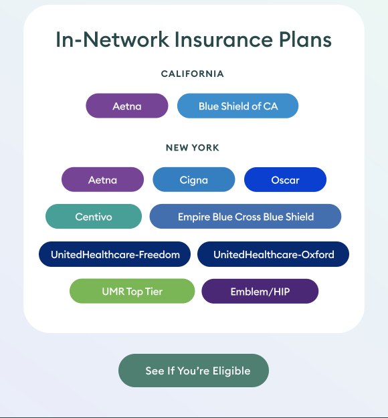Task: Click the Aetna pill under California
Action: [127, 106]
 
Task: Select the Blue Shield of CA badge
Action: [238, 106]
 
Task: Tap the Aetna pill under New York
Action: [102, 180]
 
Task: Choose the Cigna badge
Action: [194, 180]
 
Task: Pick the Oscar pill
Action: [286, 180]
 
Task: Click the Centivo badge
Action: [94, 217]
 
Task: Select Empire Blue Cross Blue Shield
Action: [246, 217]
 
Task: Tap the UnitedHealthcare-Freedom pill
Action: [114, 254]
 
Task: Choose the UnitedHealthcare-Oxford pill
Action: [274, 254]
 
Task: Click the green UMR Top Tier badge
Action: [132, 291]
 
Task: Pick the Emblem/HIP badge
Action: [260, 291]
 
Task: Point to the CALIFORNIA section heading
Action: [193, 74]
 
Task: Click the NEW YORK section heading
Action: [193, 148]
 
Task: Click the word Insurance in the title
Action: [223, 39]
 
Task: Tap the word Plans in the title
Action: [305, 39]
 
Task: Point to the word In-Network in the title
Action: [112, 39]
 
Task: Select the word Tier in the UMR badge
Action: [154, 292]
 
